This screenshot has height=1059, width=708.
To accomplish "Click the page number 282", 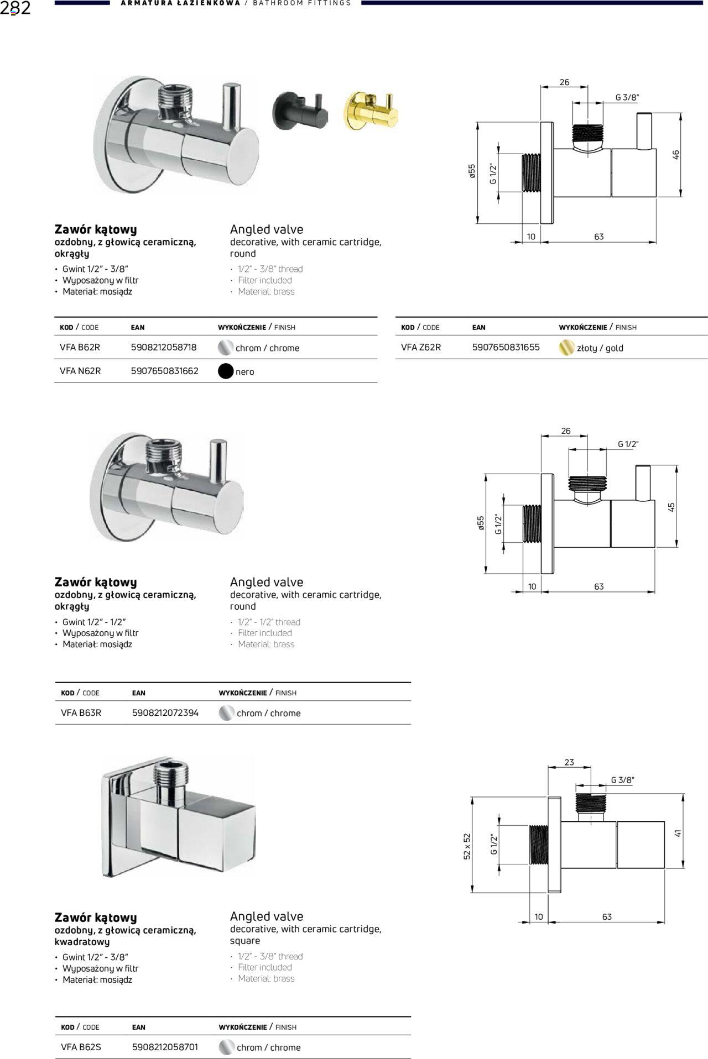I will (15, 8).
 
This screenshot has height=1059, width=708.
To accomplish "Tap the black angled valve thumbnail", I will (299, 110).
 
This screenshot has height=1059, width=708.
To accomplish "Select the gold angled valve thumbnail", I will (371, 111).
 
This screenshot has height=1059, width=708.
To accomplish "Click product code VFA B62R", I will (80, 348).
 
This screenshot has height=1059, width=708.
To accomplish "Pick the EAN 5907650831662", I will (164, 371).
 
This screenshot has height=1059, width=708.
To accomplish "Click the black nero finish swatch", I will (226, 371).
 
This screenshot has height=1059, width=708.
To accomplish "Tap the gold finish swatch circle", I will (566, 348).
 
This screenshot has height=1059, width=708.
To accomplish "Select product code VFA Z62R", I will (421, 348).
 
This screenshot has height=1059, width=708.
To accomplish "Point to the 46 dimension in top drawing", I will (675, 155).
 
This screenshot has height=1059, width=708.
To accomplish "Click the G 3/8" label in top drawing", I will (627, 98).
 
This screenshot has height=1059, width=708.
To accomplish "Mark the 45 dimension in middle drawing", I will (671, 507).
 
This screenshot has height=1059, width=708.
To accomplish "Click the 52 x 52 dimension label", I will (467, 846).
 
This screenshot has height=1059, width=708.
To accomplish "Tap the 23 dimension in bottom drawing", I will (569, 762).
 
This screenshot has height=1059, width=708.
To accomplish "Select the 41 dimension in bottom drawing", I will (678, 833).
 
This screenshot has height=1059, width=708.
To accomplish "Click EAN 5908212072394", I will (165, 713).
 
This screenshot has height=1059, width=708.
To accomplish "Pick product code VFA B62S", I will (81, 1047).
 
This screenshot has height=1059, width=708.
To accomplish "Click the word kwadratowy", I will (82, 942).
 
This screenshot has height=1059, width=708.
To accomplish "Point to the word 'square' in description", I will (245, 941).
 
